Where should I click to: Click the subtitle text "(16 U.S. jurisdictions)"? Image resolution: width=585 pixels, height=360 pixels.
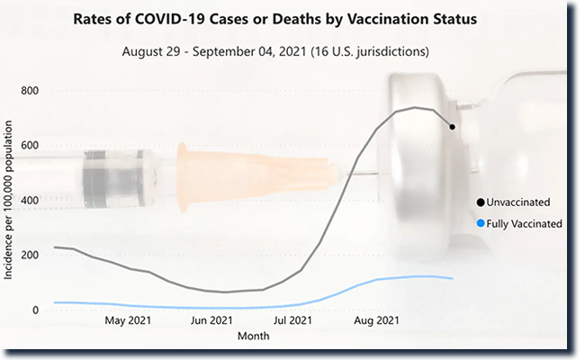click(x=369, y=51)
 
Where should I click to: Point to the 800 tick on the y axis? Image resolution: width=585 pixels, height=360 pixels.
click(x=30, y=91)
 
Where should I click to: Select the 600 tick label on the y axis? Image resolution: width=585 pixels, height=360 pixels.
click(x=30, y=146)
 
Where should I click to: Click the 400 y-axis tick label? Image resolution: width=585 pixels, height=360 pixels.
click(x=30, y=201)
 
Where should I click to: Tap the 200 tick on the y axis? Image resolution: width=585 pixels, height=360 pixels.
click(x=30, y=256)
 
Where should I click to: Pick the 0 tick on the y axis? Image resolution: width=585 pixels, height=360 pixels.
click(x=35, y=310)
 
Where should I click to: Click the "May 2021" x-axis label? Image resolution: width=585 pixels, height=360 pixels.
click(x=128, y=320)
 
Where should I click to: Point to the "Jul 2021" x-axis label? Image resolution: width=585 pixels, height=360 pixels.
click(x=292, y=320)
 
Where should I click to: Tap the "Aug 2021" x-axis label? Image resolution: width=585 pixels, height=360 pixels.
click(x=376, y=320)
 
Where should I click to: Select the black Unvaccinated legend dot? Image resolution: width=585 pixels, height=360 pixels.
click(x=481, y=202)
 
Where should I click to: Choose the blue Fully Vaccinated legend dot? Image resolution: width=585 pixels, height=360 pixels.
click(x=481, y=223)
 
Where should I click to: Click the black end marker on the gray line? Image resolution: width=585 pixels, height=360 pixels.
click(x=452, y=127)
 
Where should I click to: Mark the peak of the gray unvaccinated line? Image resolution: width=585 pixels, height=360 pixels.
click(x=414, y=108)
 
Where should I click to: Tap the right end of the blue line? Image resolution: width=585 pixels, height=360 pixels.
click(x=452, y=279)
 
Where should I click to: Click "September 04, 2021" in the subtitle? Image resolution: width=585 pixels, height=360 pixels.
click(x=255, y=51)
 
